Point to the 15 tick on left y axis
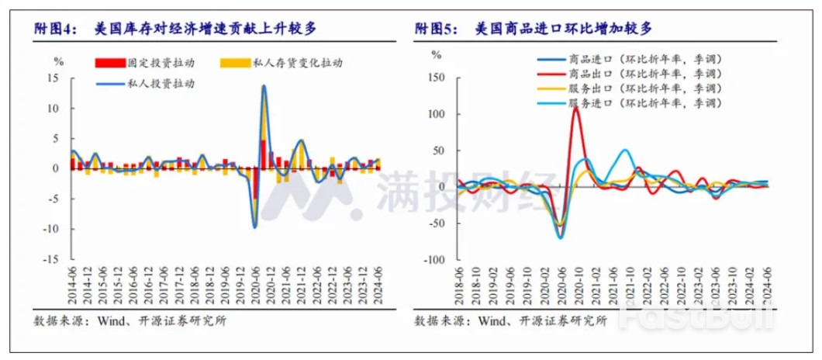click(54, 78)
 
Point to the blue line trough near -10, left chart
click(254, 227)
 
